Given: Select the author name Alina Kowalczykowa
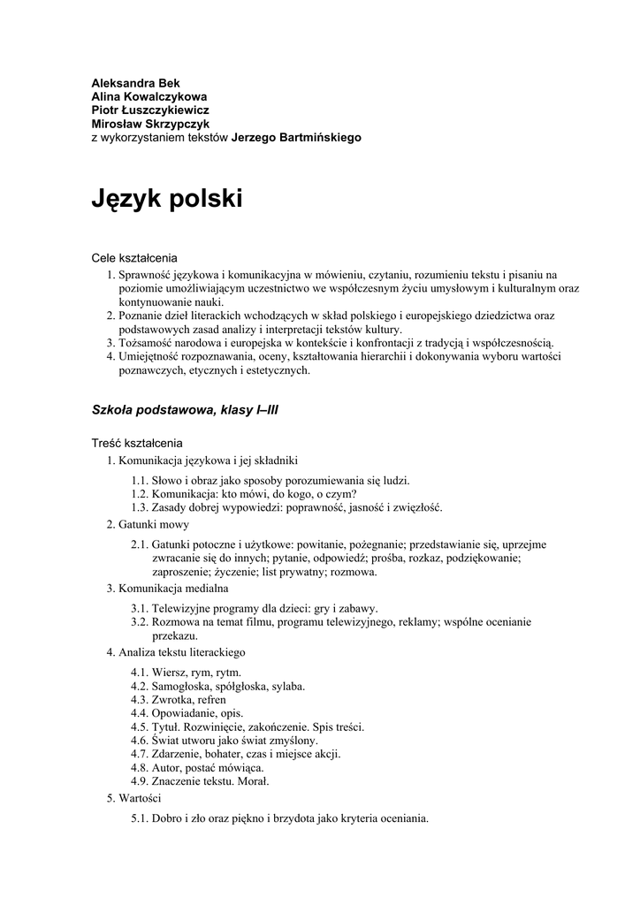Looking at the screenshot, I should [x=150, y=96].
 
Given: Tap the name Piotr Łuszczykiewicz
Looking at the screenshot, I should [x=150, y=110].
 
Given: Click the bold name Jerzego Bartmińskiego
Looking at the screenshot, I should [x=296, y=138].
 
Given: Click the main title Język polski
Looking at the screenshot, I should [x=167, y=200].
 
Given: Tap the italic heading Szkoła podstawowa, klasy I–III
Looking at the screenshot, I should [x=186, y=410].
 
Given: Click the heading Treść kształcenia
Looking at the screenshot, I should [x=138, y=443].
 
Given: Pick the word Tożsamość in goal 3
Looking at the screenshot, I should [x=143, y=342].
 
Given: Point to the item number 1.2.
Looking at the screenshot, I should [x=140, y=494].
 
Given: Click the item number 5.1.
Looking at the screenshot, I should [x=140, y=818].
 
